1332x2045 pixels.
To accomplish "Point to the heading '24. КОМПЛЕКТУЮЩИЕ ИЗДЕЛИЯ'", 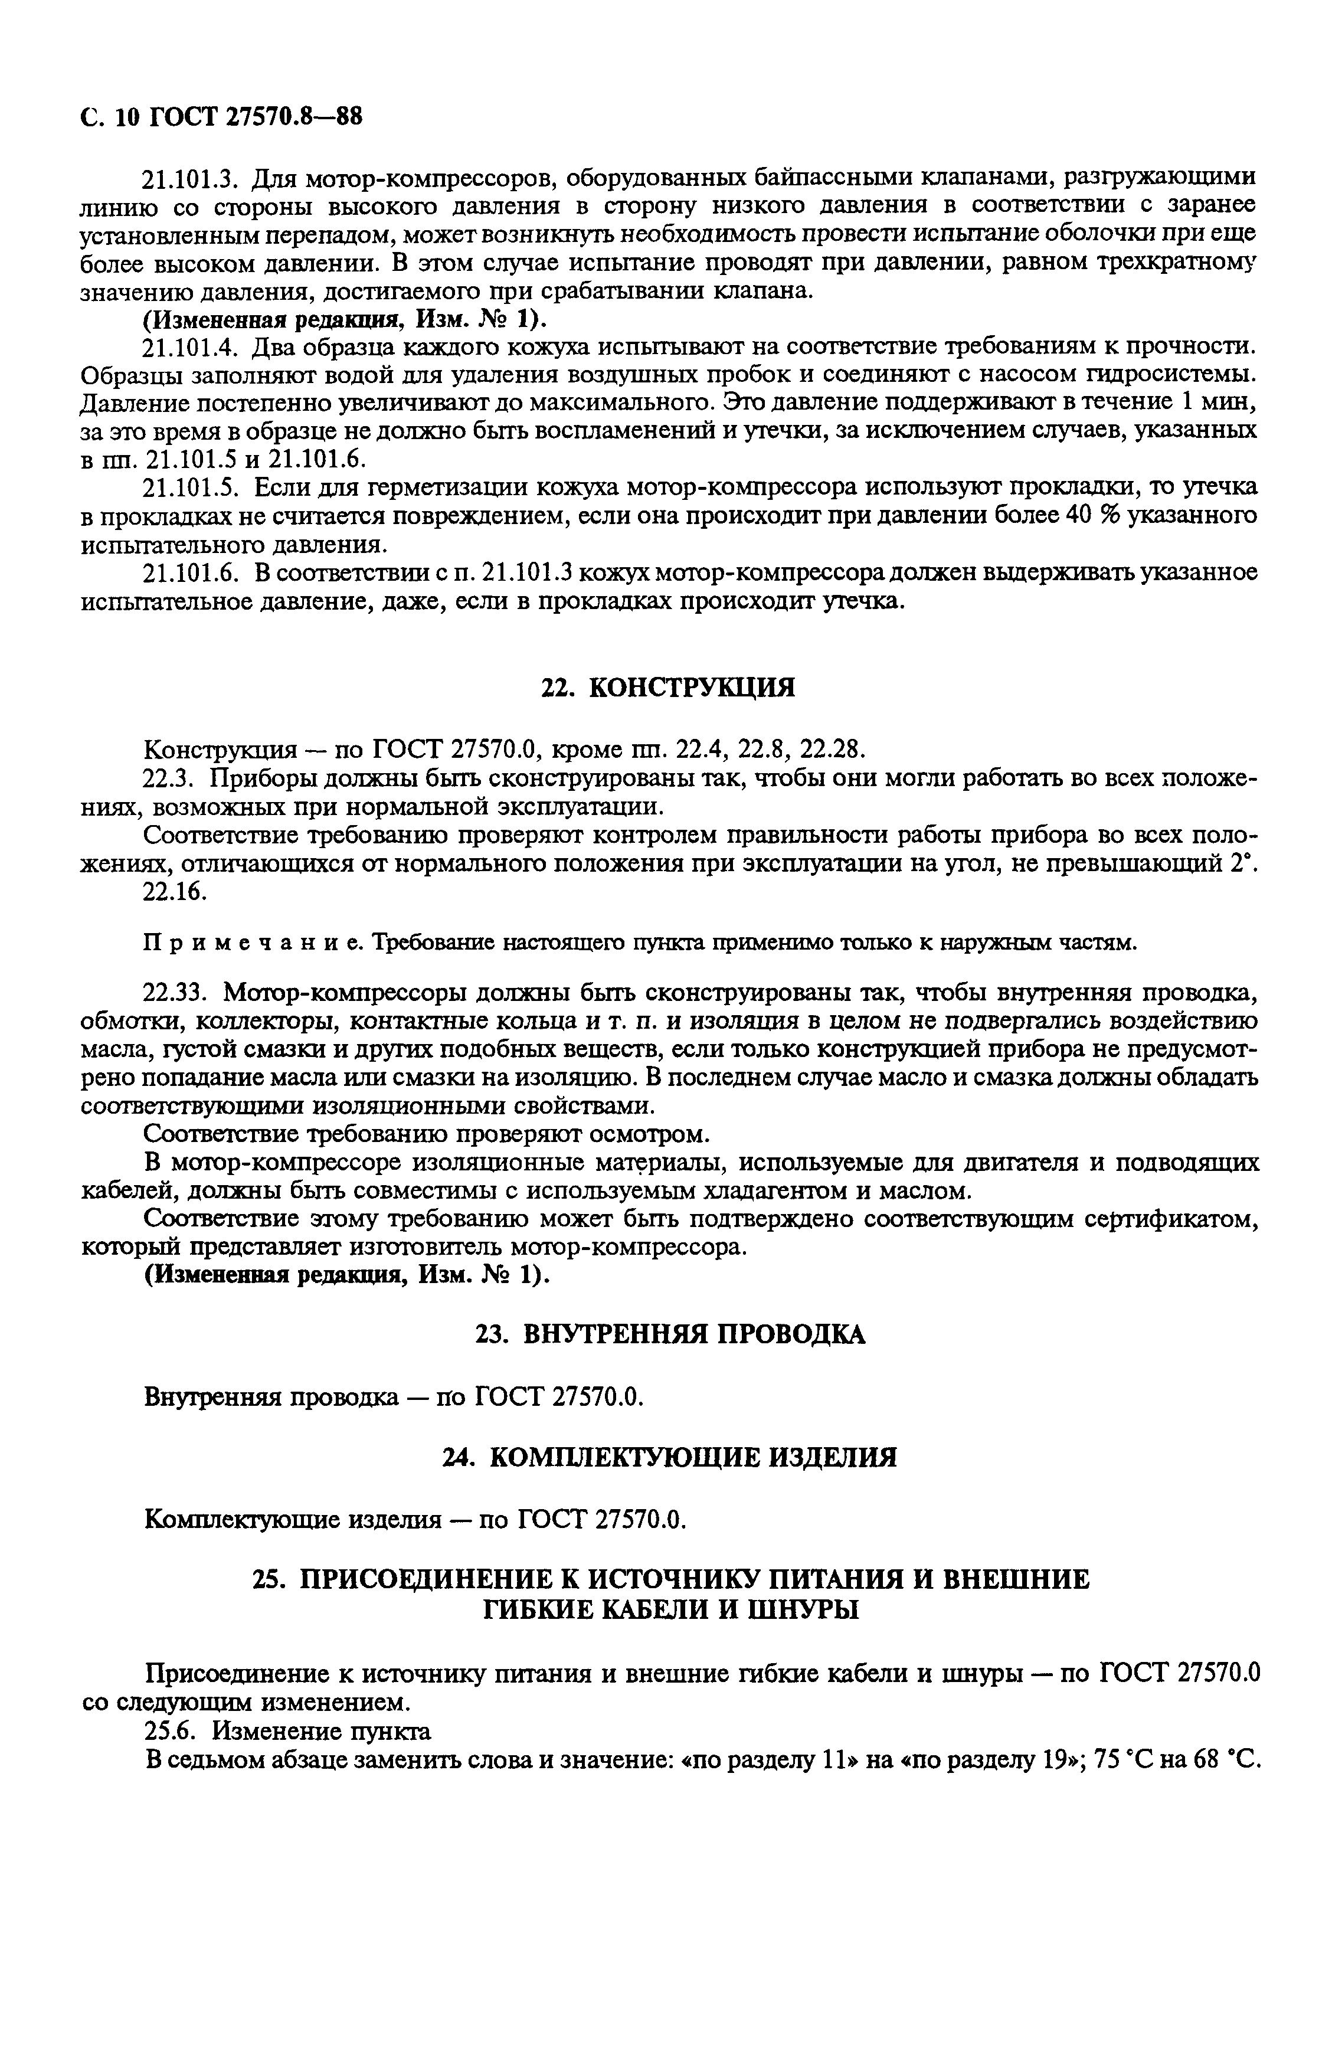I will [x=669, y=1457].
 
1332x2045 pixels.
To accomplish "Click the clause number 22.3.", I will [x=171, y=778].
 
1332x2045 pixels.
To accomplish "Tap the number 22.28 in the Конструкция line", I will [x=832, y=750].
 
